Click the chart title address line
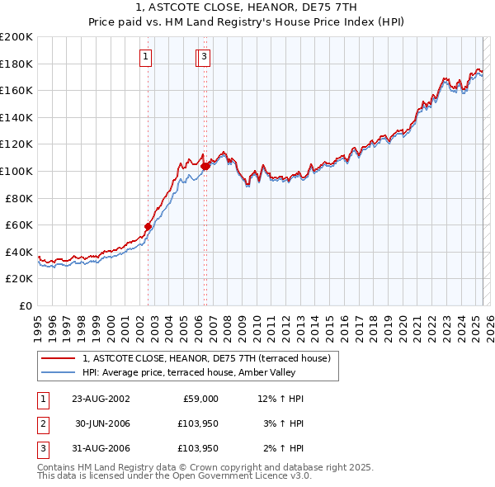click(x=247, y=7)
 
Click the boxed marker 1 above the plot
click(x=145, y=57)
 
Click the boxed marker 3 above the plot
click(x=203, y=57)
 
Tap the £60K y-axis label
click(x=19, y=225)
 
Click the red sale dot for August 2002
click(x=148, y=226)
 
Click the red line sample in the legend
click(x=59, y=358)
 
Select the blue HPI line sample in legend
click(x=59, y=372)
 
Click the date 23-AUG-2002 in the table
click(x=101, y=399)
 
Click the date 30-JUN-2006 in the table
click(x=101, y=423)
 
